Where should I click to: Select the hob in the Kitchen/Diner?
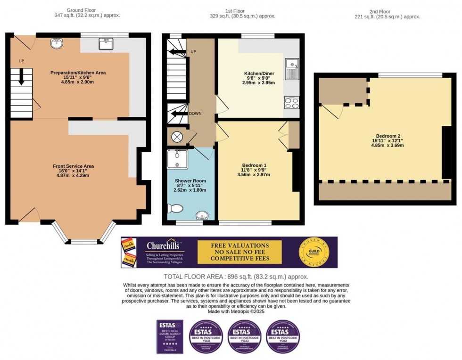point(292,102)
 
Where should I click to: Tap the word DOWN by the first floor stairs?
point(195,114)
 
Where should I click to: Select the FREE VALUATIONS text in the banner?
point(240,245)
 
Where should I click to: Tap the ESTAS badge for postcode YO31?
point(206,336)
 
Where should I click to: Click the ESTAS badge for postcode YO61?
point(283,336)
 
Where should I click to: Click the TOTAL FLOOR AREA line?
point(236,277)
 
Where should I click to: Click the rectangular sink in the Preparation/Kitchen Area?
point(105,43)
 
